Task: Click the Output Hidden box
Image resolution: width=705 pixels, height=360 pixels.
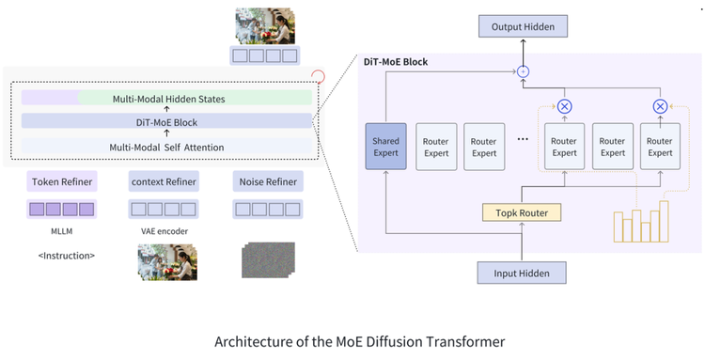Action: point(523,26)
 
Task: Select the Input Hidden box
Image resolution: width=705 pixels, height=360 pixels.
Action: point(522,274)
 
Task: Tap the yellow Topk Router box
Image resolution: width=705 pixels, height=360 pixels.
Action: point(522,212)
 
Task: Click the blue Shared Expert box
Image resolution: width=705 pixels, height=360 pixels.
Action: point(385,147)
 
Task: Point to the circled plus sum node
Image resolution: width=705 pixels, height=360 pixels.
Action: point(523,71)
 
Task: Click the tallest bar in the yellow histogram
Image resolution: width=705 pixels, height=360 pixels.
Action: point(664,222)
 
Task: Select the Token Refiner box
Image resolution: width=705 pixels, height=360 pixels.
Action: point(62,181)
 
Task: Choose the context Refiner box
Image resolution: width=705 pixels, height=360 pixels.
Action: point(164,181)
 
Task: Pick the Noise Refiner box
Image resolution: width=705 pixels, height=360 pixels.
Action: point(268,181)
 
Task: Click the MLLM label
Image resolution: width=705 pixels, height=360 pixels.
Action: point(62,231)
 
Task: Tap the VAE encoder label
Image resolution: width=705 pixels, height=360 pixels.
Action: point(164,231)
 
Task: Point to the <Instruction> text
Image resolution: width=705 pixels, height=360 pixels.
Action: point(67,256)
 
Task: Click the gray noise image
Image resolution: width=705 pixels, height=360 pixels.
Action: point(269,260)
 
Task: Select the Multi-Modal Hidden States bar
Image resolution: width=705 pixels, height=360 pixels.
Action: point(166,98)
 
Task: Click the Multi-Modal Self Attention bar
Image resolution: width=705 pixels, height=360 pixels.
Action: point(166,147)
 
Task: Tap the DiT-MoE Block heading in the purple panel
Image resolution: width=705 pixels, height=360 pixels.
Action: point(396,62)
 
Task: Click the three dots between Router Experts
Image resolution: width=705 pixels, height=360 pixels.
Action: point(523,139)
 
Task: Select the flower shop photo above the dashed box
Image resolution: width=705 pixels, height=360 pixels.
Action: point(265,25)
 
